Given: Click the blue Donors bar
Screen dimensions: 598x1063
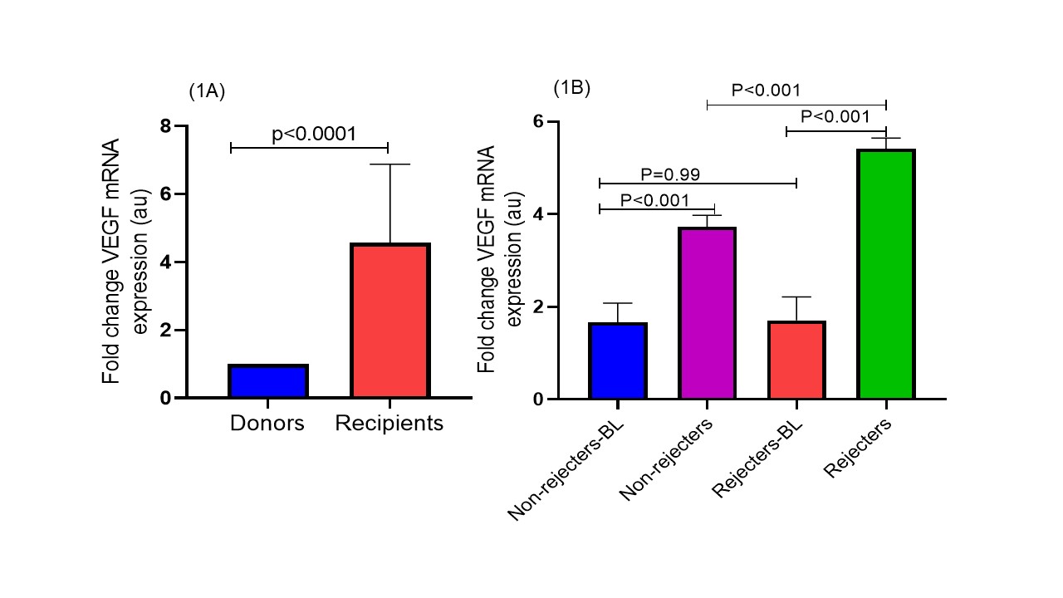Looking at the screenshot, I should click(268, 381).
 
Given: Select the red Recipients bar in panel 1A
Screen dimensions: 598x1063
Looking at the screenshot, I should click(389, 321).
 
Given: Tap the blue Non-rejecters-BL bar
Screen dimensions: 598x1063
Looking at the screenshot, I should click(618, 360).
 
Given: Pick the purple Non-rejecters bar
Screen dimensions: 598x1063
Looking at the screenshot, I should click(708, 313).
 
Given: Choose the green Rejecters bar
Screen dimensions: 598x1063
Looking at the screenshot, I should click(886, 274).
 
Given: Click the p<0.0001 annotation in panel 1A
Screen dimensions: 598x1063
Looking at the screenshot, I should click(314, 134).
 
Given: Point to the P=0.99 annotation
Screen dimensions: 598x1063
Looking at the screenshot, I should click(670, 174).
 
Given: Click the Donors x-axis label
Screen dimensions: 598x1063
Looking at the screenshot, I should click(267, 424).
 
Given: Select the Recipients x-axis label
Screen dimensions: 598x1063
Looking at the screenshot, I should click(389, 424).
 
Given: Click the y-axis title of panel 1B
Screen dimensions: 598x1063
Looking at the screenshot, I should click(498, 260).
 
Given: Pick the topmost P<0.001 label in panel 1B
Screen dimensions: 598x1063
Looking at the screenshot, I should click(765, 91).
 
